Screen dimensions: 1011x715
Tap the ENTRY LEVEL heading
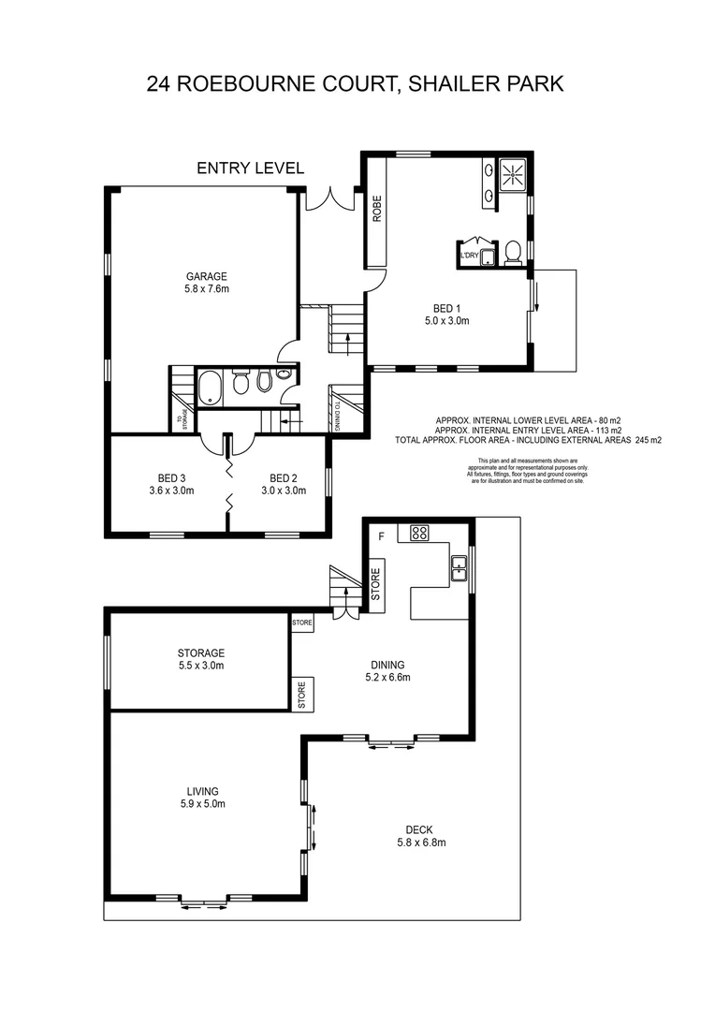pyautogui.click(x=250, y=168)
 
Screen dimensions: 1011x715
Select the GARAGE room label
pyautogui.click(x=207, y=276)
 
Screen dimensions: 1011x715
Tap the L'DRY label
pyautogui.click(x=469, y=254)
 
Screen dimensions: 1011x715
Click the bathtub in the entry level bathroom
pyautogui.click(x=209, y=386)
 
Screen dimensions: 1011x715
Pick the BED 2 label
pyautogui.click(x=283, y=476)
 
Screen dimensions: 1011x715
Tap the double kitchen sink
pyautogui.click(x=459, y=568)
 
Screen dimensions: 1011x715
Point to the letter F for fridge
pyautogui.click(x=381, y=536)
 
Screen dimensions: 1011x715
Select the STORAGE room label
pyautogui.click(x=201, y=653)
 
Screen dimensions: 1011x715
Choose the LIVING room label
pyautogui.click(x=201, y=790)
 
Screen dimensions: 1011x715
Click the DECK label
pyautogui.click(x=420, y=828)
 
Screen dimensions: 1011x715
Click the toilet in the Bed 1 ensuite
pyautogui.click(x=513, y=252)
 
